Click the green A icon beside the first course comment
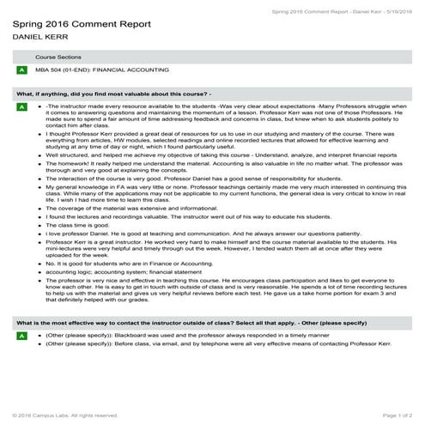[x=21, y=106]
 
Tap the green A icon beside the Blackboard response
[x=21, y=360]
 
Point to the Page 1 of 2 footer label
[x=394, y=416]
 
